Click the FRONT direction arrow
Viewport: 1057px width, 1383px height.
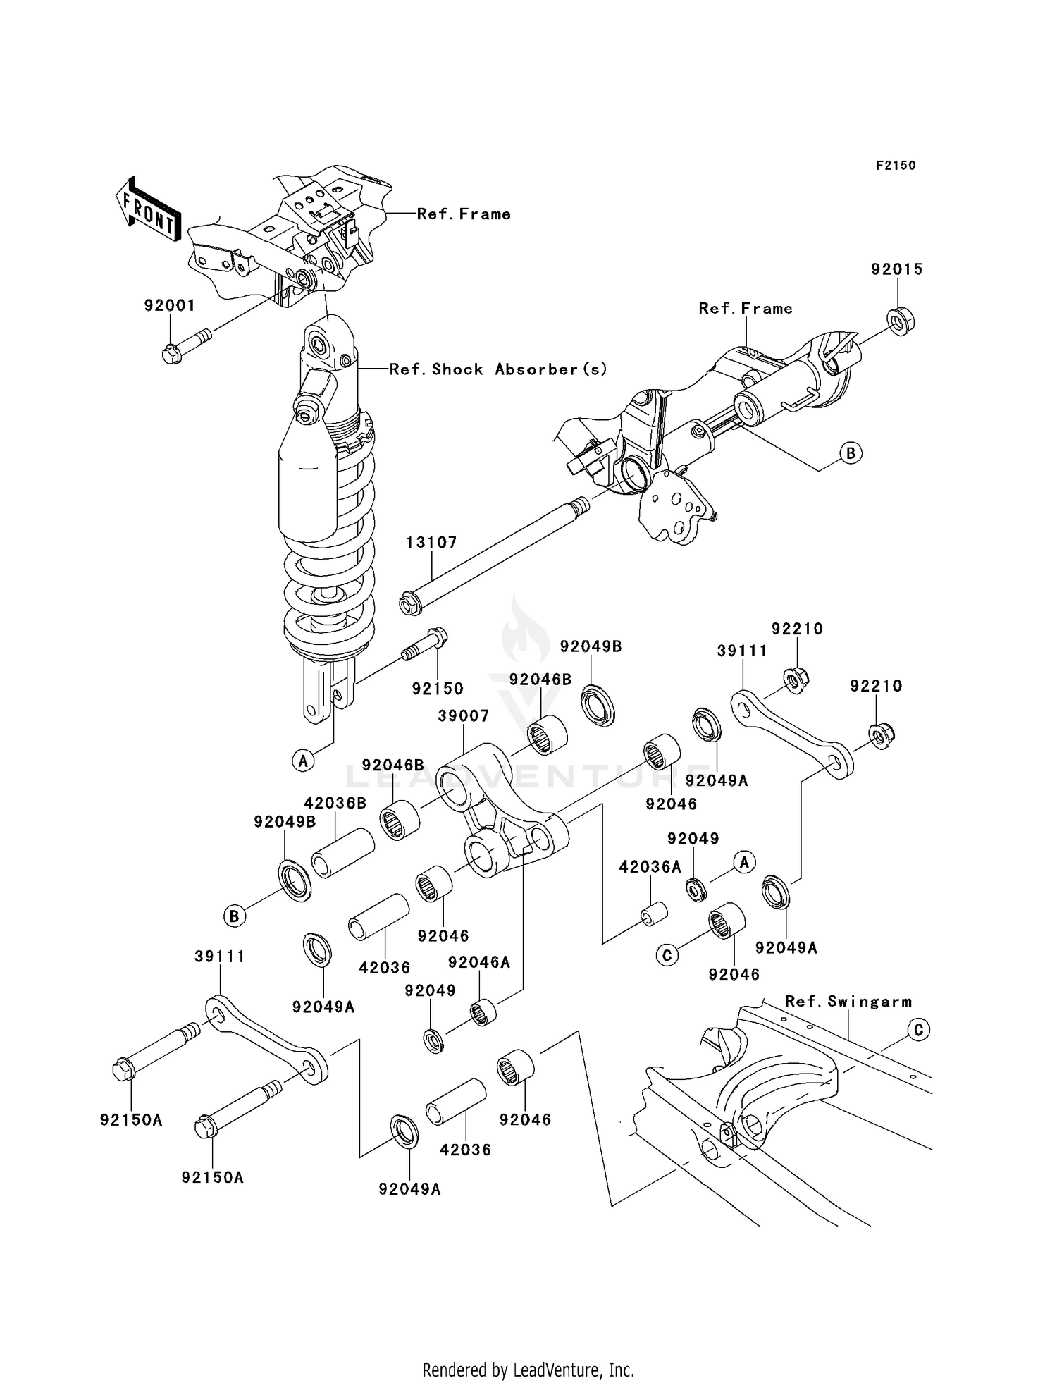tap(148, 210)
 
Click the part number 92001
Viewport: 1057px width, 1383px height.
tap(169, 306)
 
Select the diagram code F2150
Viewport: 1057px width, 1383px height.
tap(896, 166)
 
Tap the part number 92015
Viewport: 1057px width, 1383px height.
tap(896, 269)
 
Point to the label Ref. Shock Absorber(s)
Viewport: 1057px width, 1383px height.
tap(498, 369)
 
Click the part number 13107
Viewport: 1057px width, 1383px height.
tap(431, 543)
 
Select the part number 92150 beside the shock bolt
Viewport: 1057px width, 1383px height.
tap(438, 689)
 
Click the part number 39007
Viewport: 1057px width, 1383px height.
tap(463, 716)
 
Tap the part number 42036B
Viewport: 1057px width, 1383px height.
tap(335, 804)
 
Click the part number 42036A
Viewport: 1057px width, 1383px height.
tap(650, 867)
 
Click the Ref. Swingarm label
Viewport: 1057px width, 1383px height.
tap(848, 1002)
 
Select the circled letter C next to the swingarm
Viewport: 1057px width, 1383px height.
tap(918, 1030)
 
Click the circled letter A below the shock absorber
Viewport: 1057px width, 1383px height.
tap(303, 761)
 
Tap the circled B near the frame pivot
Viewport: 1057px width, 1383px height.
tap(851, 453)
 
